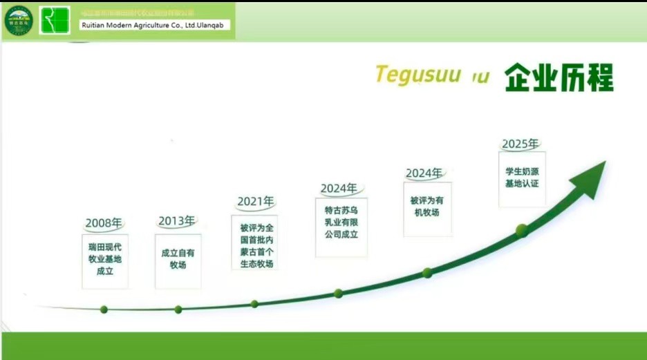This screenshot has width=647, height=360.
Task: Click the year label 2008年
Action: (104, 223)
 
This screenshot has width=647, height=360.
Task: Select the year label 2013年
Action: (176, 221)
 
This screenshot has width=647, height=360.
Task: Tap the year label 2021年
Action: (256, 201)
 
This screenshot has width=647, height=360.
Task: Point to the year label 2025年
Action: (521, 144)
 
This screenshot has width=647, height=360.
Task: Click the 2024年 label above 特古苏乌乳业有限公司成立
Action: (339, 188)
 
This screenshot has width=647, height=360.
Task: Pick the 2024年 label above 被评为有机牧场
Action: (424, 173)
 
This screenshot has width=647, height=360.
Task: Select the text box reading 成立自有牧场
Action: (178, 259)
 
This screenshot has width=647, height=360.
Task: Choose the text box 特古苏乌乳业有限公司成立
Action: (341, 222)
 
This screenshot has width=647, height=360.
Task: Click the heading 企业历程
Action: (559, 78)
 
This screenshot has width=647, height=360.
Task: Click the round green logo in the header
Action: (19, 20)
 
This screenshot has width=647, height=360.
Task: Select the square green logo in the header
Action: (55, 20)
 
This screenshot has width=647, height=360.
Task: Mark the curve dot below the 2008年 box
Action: (104, 310)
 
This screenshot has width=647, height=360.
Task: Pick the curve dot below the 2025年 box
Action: (522, 230)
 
